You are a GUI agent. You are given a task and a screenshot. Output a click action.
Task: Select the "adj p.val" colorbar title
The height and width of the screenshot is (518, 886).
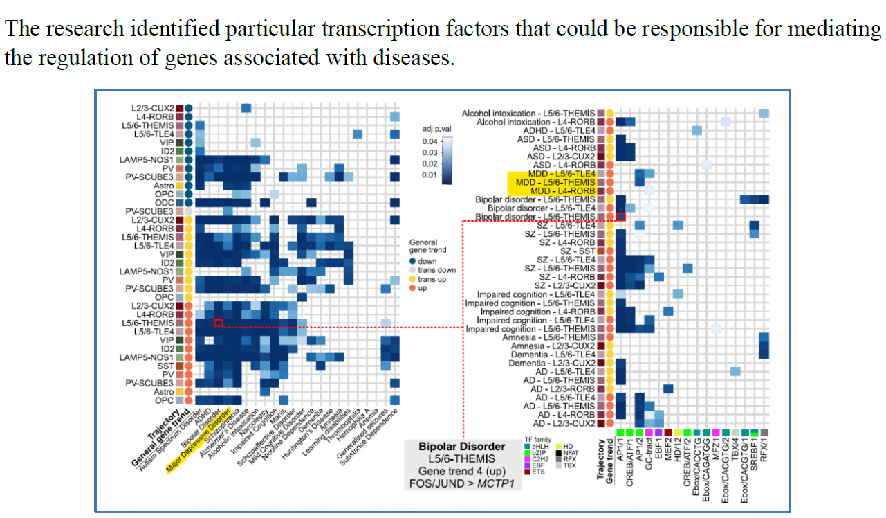pos(438,129)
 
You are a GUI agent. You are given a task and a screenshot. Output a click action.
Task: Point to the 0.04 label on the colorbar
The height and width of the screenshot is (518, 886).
pos(430,141)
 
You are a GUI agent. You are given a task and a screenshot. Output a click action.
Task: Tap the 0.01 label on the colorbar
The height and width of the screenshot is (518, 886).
pos(430,174)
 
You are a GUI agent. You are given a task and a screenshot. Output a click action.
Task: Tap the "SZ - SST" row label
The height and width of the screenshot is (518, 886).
pos(575,251)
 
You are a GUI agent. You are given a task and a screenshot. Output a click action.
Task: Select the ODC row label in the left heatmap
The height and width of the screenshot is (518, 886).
pos(164,202)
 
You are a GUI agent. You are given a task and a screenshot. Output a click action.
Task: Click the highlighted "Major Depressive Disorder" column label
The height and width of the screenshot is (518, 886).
pos(198,444)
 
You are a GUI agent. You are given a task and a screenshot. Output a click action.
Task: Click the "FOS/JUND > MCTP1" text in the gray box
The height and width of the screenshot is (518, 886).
pos(461,483)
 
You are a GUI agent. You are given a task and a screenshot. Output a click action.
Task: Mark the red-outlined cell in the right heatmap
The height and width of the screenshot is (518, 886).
pos(620,216)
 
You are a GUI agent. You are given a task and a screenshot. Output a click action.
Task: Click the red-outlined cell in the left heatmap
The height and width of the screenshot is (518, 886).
pos(218,323)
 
